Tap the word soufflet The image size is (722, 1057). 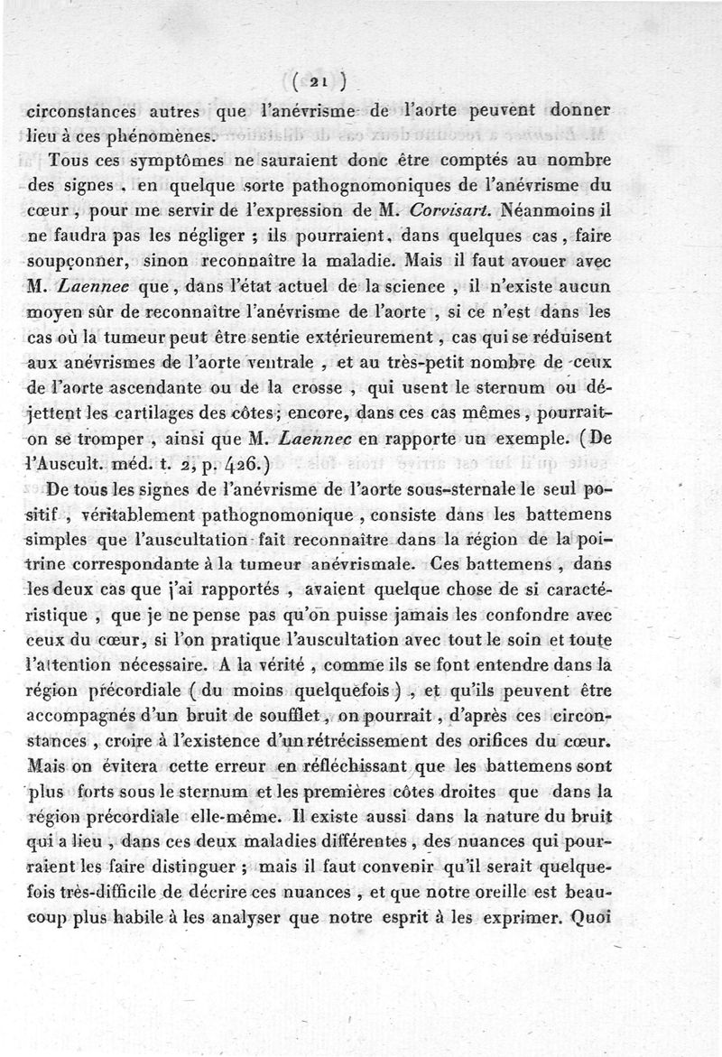[282, 719]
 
